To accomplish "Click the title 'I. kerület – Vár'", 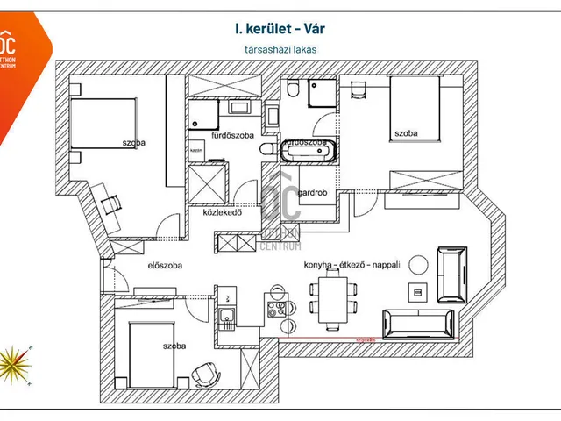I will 280,29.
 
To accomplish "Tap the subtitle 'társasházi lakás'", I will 280,50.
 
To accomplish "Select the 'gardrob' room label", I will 313,192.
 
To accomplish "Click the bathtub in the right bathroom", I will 307,153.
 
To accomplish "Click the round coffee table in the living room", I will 419,262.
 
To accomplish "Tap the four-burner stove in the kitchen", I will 277,309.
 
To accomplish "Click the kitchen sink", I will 226,317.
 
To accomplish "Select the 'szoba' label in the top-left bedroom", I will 134,142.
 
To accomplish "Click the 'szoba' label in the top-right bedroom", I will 406,133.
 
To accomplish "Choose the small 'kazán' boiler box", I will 196,150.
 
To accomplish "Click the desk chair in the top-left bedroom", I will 111,203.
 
